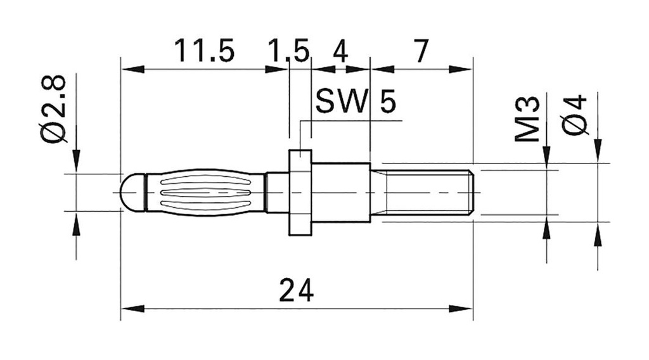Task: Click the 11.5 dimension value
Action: point(204,51)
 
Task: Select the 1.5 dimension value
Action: point(288,51)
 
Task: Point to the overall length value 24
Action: point(296,291)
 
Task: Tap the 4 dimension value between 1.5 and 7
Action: point(340,51)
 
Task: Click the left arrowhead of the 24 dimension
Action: point(126,309)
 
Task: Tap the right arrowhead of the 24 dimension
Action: point(466,309)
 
